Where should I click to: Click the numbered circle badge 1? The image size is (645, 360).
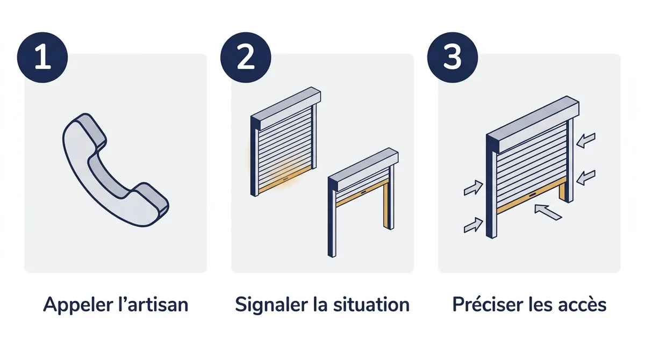point(42,57)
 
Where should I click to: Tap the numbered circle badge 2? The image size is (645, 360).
point(246,57)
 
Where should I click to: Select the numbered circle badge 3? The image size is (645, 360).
point(453,57)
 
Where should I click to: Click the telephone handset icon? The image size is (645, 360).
point(115,170)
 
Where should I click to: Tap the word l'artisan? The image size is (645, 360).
point(153,305)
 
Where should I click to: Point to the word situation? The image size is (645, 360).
point(371,305)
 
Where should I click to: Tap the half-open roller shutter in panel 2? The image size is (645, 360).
point(363,201)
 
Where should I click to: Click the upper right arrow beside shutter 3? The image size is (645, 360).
point(586,140)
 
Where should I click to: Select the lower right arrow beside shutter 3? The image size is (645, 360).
point(586,177)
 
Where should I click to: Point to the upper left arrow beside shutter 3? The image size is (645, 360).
point(474,188)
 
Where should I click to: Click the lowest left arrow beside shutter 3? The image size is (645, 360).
point(474,225)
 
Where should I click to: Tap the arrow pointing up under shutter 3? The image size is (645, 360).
point(548,212)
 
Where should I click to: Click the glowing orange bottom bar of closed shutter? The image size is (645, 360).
point(285,181)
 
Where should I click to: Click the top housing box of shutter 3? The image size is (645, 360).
point(533,125)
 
